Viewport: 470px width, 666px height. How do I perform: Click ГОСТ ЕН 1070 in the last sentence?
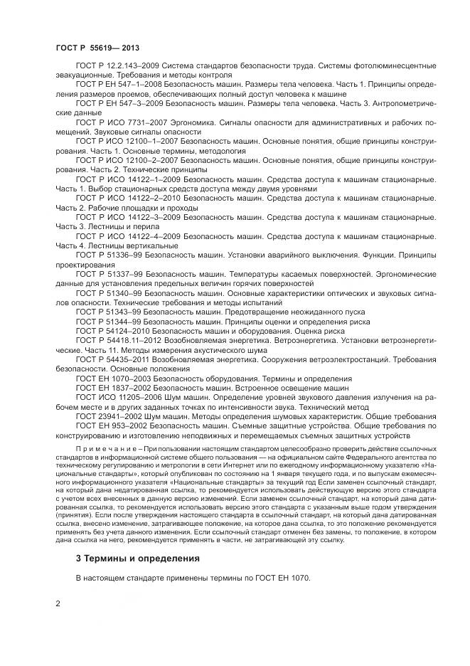(x=282, y=578)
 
